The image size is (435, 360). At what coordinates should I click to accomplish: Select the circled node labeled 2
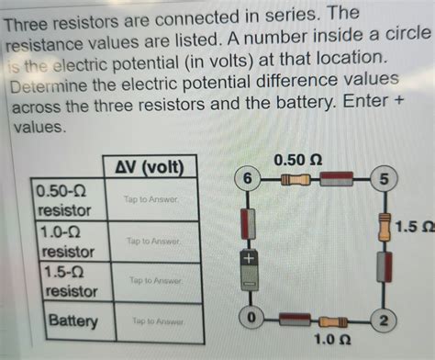pyautogui.click(x=385, y=320)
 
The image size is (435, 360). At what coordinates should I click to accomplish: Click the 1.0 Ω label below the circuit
pyautogui.click(x=326, y=343)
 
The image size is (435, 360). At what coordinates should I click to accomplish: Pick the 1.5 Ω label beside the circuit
pyautogui.click(x=415, y=226)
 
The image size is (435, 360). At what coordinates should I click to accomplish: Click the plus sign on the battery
pyautogui.click(x=247, y=261)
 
